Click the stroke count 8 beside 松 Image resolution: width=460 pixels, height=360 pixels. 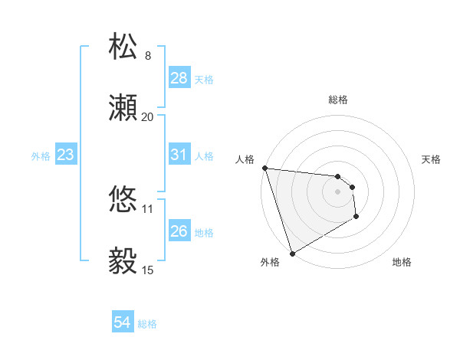pyautogui.click(x=148, y=56)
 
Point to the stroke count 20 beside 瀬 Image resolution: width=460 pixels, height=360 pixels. pyautogui.click(x=148, y=117)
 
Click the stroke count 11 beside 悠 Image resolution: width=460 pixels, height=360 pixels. pyautogui.click(x=148, y=208)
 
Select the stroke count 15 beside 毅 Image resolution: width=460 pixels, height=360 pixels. pyautogui.click(x=148, y=270)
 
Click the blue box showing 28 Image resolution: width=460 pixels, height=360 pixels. pyautogui.click(x=179, y=78)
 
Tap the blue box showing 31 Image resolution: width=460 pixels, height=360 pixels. pyautogui.click(x=179, y=155)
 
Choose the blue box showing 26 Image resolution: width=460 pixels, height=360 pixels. pyautogui.click(x=179, y=231)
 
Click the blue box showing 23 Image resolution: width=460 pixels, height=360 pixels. pyautogui.click(x=66, y=155)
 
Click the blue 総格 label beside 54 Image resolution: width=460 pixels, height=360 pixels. pyautogui.click(x=147, y=324)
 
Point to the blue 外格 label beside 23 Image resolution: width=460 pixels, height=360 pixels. pyautogui.click(x=41, y=155)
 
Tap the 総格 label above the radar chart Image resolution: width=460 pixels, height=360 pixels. pyautogui.click(x=338, y=100)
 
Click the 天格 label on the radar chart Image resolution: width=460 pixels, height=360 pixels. pyautogui.click(x=432, y=159)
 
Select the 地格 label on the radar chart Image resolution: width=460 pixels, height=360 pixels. pyautogui.click(x=402, y=262)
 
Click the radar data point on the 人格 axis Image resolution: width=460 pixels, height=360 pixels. pyautogui.click(x=264, y=169)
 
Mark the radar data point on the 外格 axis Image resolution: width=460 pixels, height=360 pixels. pyautogui.click(x=292, y=254)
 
